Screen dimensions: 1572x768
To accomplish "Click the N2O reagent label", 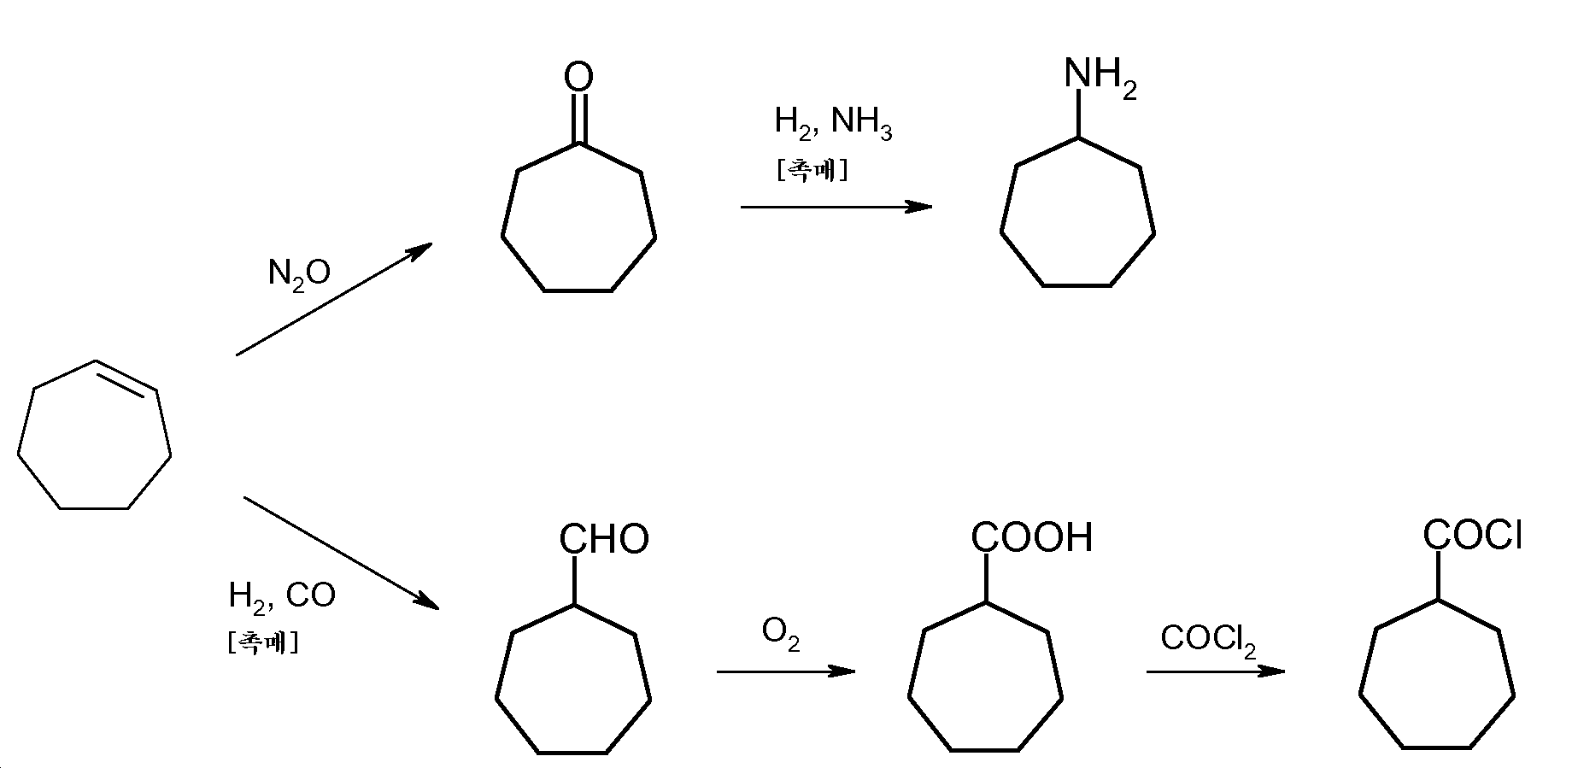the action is pos(299,275).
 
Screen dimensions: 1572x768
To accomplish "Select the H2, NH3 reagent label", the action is pos(833,124).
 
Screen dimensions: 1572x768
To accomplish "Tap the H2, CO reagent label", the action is pos(282,596).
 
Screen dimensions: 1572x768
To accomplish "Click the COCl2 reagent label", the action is pos(1208,640).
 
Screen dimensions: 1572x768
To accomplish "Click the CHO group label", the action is pos(604,539).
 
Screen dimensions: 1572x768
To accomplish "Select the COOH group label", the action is pos(1032,537).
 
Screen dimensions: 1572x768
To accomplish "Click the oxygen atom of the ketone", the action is pos(578,77).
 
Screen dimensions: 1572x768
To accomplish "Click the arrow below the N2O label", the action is pos(334,299).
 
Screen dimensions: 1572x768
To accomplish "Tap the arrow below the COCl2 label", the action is pos(1215,671).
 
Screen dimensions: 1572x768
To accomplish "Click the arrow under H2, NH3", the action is pos(836,207).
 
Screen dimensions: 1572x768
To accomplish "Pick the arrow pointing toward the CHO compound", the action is pos(341,552).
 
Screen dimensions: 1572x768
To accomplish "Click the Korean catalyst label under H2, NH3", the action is pos(812,171).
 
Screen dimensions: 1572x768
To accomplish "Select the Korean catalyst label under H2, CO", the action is pos(263,642).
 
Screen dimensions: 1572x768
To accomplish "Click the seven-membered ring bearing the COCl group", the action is pos(1437,679).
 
